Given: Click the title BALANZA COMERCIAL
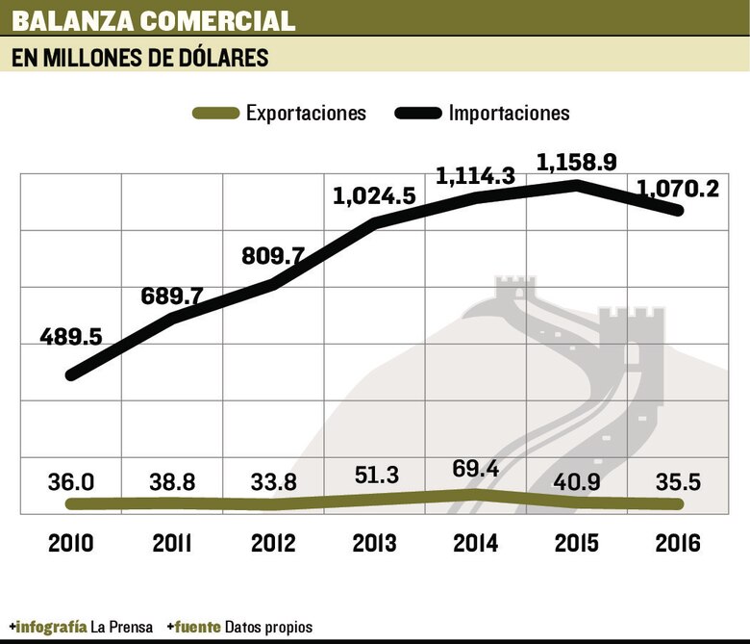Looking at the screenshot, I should pyautogui.click(x=154, y=19).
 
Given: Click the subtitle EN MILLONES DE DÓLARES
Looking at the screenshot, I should pyautogui.click(x=139, y=58).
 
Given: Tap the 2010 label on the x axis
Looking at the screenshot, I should pyautogui.click(x=71, y=543).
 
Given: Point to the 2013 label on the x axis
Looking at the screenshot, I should pyautogui.click(x=374, y=543).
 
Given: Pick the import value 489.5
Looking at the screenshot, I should pyautogui.click(x=71, y=338).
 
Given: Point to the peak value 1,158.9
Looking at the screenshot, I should pyautogui.click(x=577, y=161).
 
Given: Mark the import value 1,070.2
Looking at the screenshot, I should pyautogui.click(x=677, y=189).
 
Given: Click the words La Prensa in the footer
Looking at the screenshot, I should pyautogui.click(x=121, y=627).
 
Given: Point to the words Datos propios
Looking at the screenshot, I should pyautogui.click(x=268, y=627).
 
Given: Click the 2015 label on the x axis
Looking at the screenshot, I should pyautogui.click(x=577, y=543).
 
